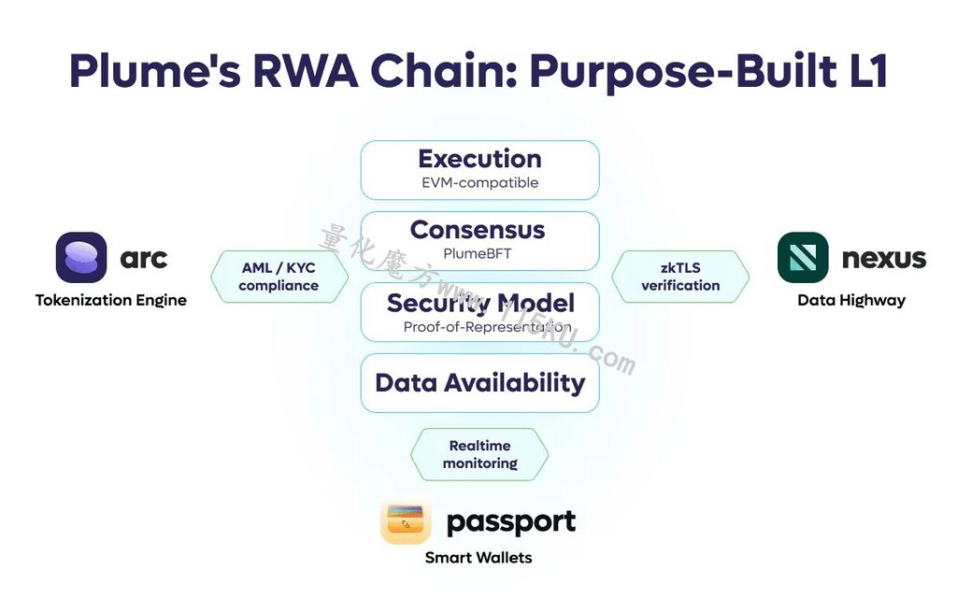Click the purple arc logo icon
81,258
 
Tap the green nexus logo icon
803,258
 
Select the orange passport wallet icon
406,521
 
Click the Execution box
479,170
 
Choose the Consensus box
479,241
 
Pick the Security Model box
479,312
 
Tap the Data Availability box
479,383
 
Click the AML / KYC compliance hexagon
279,277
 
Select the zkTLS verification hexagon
680,277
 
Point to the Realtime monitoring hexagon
479,455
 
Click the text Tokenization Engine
111,300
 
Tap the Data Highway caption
851,300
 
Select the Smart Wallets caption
478,558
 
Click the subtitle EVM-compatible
480,182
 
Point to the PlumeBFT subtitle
478,253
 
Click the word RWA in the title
306,71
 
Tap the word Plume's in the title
155,71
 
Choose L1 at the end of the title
867,71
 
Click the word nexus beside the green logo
884,258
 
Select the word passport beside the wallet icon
511,523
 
